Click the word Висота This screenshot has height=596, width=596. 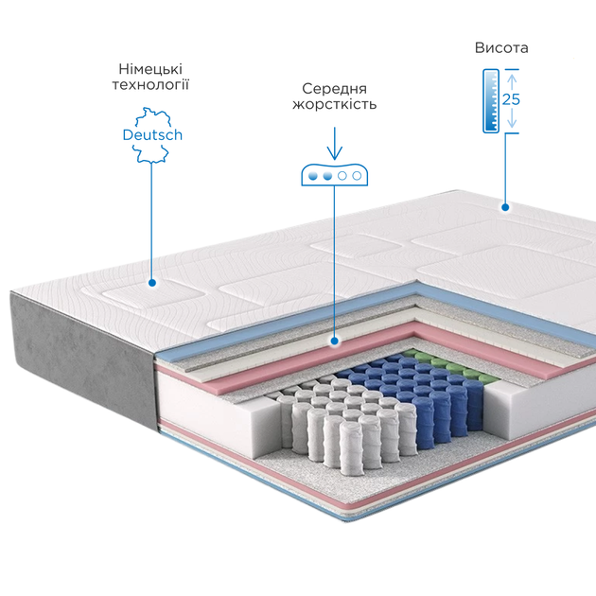click(501, 48)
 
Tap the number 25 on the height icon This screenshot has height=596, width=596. click(511, 99)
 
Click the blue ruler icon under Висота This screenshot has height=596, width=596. click(491, 101)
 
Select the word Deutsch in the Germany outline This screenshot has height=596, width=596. click(152, 135)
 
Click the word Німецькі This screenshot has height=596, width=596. click(150, 69)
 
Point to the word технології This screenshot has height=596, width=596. click(150, 84)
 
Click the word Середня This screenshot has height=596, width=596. click(335, 89)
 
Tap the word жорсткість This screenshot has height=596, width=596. click(335, 104)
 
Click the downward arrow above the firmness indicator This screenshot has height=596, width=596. click(335, 144)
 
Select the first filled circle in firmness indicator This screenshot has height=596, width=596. click(313, 176)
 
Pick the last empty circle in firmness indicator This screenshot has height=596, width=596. click(357, 176)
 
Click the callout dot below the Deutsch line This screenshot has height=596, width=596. click(152, 283)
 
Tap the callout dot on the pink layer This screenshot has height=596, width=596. click(335, 341)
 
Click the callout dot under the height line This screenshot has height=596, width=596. click(505, 207)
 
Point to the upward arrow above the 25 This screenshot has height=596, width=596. click(512, 82)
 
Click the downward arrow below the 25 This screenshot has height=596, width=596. click(512, 118)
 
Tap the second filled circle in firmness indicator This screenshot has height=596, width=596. click(327, 176)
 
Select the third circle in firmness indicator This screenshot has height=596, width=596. click(342, 176)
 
